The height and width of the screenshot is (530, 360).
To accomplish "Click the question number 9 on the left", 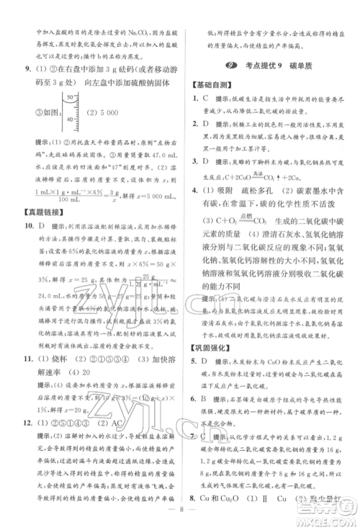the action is (x=27, y=69).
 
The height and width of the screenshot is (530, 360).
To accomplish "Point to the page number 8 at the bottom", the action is (x=180, y=518).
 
